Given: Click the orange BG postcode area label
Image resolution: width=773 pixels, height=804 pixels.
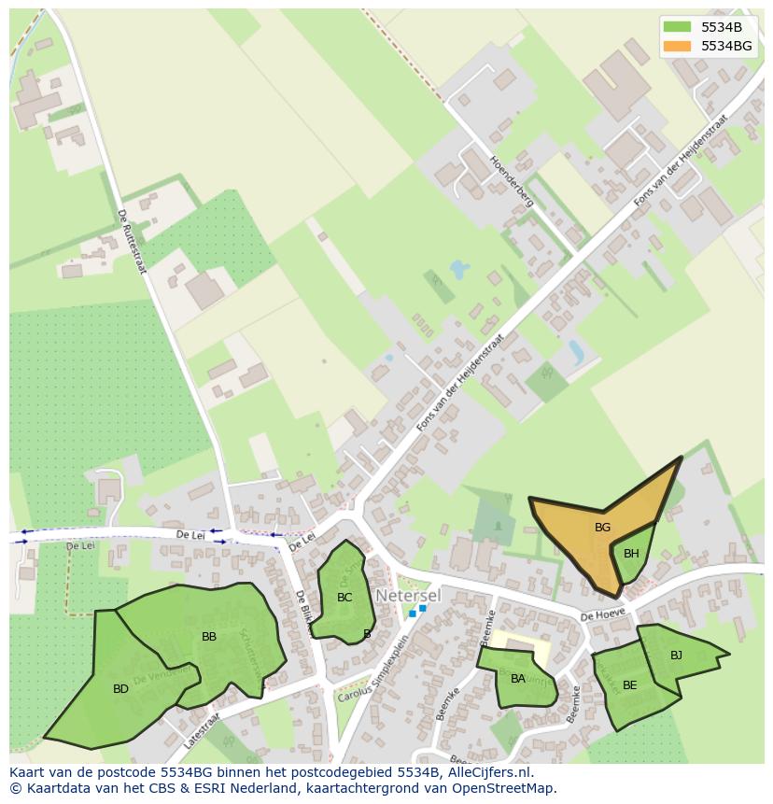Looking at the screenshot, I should tap(602, 528).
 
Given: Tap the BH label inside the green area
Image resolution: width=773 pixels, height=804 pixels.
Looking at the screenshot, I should tap(631, 554).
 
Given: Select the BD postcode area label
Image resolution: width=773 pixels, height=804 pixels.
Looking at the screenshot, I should tap(120, 689).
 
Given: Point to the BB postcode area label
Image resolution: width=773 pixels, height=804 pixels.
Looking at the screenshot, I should tap(209, 637).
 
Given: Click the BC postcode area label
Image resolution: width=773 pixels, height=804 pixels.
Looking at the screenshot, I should tap(344, 598).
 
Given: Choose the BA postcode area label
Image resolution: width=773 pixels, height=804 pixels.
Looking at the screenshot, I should tap(517, 679).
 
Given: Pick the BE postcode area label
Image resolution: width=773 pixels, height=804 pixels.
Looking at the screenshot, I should tap(629, 685).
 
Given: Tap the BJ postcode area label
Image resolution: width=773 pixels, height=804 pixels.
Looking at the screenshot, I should tap(676, 656).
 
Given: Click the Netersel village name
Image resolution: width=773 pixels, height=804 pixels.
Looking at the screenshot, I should tap(407, 594).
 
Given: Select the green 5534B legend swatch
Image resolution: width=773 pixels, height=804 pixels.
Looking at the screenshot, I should tap(677, 27).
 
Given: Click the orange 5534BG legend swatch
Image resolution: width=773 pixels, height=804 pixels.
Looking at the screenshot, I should tap(677, 46).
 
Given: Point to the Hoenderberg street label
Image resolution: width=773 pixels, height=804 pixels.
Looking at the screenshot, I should tap(510, 180).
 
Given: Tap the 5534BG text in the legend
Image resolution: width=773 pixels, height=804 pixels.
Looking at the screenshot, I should tap(726, 46).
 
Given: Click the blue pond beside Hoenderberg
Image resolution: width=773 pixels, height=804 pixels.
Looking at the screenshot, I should tap(458, 271).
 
